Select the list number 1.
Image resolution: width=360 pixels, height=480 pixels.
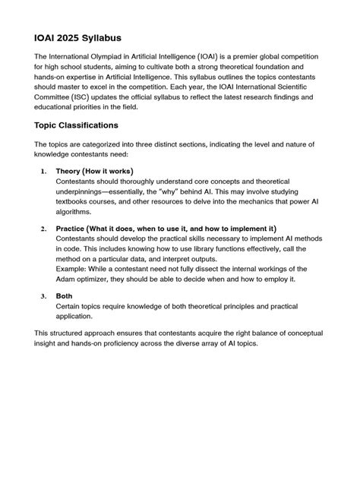point(44,172)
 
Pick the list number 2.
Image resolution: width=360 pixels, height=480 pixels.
point(44,229)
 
